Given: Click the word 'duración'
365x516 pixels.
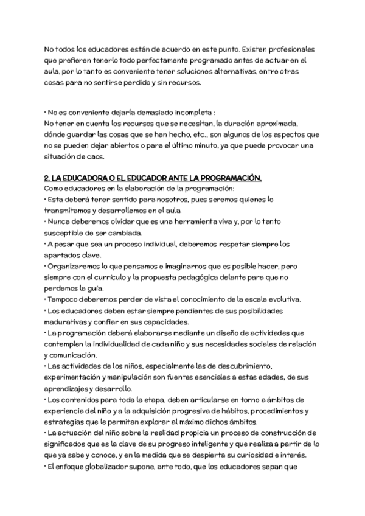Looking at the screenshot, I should click(x=266, y=124).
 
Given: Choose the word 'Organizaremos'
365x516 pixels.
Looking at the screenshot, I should click(x=75, y=266).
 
